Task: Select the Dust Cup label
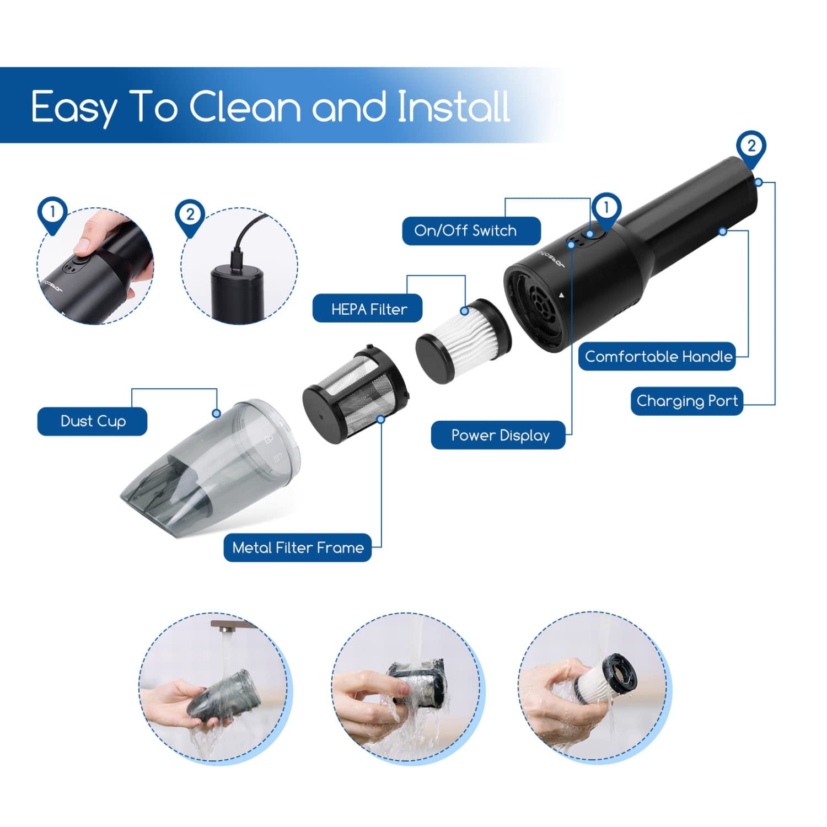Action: [x=92, y=421]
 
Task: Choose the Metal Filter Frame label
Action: [x=298, y=547]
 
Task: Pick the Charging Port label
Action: [x=687, y=401]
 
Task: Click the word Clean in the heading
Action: [x=245, y=106]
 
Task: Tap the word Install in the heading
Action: [x=453, y=106]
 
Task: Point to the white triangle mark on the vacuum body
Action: [x=561, y=296]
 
